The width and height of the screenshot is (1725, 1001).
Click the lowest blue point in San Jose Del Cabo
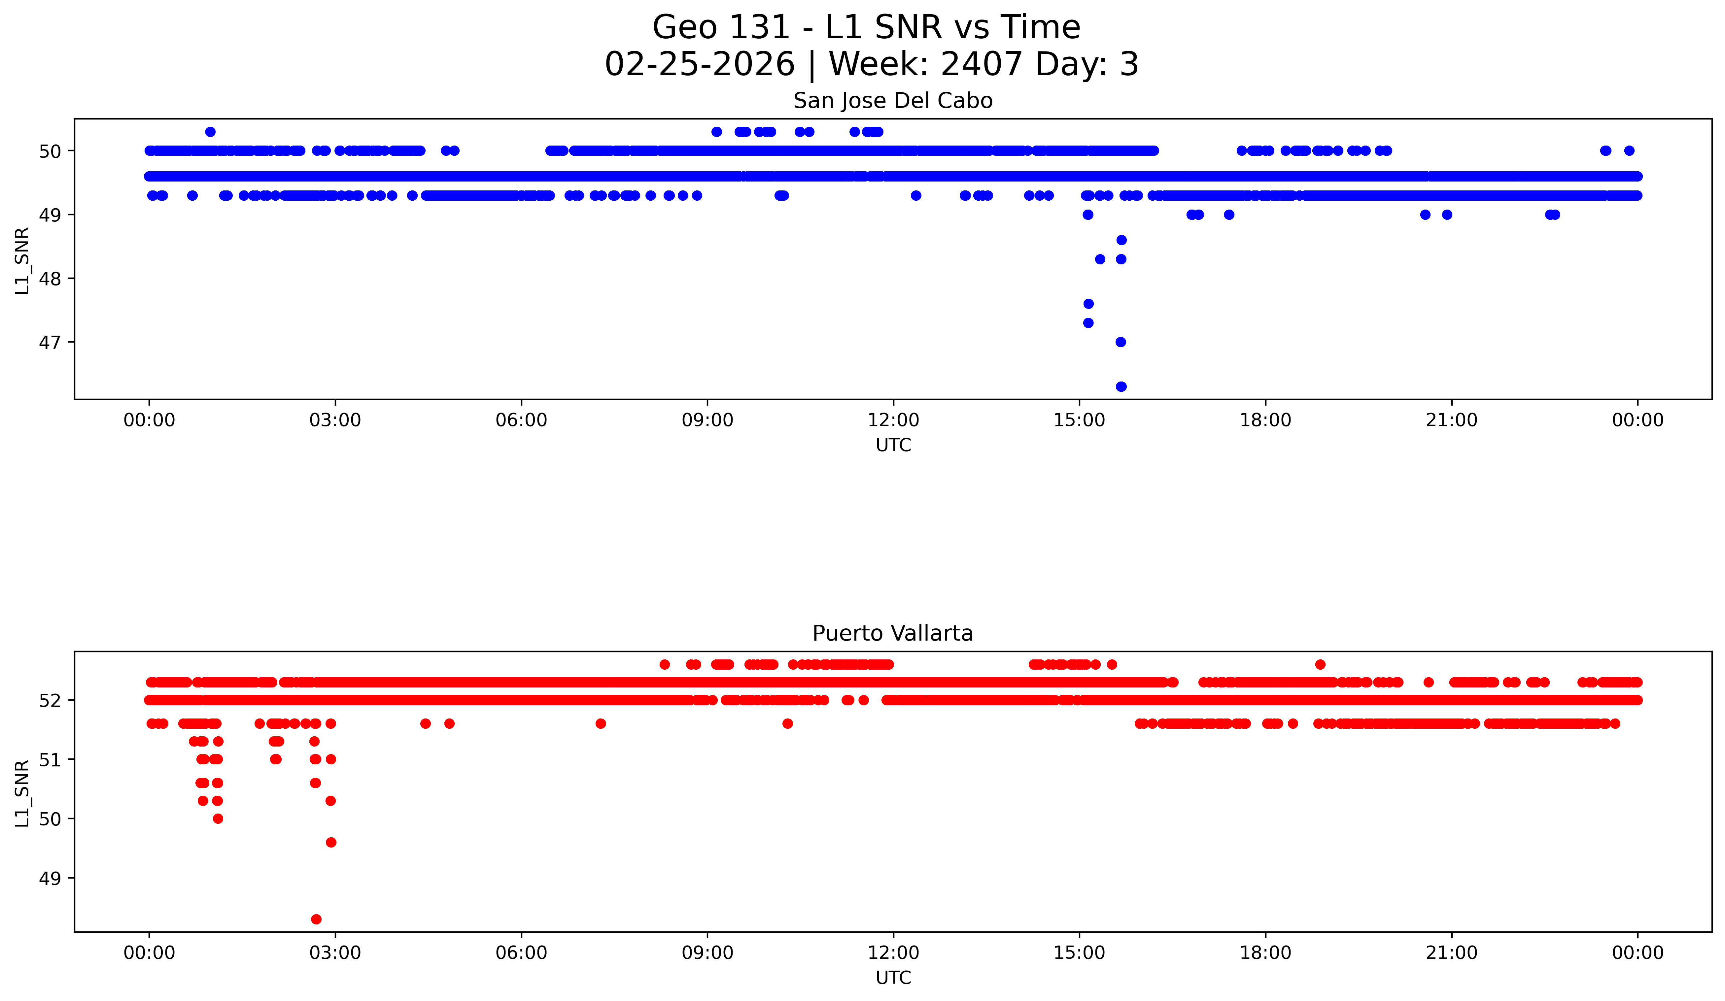[x=1121, y=386]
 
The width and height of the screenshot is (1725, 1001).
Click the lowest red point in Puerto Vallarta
[x=316, y=919]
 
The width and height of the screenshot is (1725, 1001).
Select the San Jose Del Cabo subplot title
[x=893, y=101]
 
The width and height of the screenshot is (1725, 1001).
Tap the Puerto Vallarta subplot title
[x=893, y=634]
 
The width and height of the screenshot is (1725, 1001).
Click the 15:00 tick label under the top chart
[x=1080, y=420]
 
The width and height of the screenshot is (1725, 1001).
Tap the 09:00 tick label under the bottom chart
[x=707, y=952]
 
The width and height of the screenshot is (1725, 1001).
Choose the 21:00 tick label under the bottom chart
[x=1452, y=952]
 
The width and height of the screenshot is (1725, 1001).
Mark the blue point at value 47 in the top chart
[x=1121, y=342]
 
